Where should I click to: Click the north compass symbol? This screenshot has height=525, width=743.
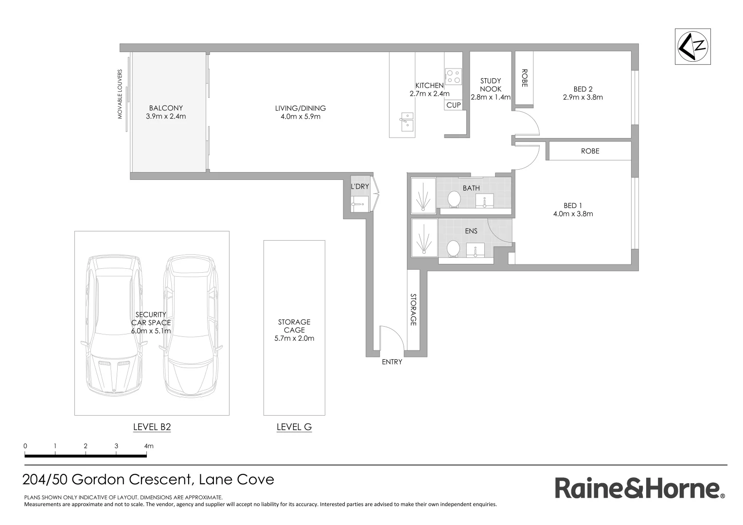(x=693, y=46)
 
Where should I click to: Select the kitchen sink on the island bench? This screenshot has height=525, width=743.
(x=406, y=122)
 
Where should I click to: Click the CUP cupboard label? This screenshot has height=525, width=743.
(x=453, y=105)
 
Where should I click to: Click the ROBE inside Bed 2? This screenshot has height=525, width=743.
(x=524, y=78)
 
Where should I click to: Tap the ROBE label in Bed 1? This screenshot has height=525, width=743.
(x=590, y=151)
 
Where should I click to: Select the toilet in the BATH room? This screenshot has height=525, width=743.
(x=454, y=199)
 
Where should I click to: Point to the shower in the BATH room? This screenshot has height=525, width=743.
(x=423, y=195)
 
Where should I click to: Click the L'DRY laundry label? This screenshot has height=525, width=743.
(x=360, y=186)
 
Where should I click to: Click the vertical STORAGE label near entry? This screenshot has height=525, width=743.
(x=413, y=310)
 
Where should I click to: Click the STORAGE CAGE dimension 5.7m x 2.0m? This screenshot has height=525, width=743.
(x=294, y=338)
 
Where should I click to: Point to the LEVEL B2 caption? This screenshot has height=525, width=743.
(x=152, y=427)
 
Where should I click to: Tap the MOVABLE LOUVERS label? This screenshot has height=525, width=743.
(x=120, y=94)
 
